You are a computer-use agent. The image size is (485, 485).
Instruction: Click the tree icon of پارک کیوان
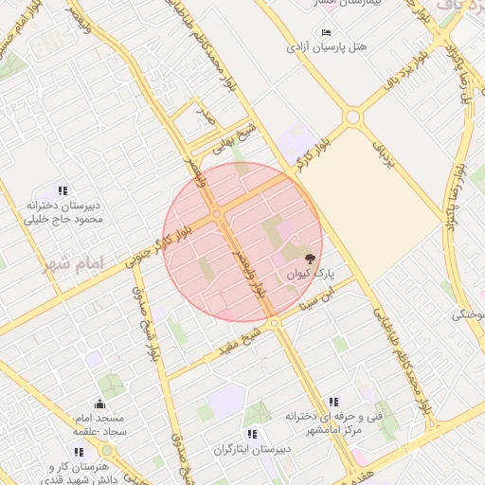tap(310, 259)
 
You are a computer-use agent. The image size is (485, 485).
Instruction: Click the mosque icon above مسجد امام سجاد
tap(99, 405)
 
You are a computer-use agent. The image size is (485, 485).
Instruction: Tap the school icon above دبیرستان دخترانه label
tap(63, 190)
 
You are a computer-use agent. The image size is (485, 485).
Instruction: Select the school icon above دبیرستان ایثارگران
tap(253, 432)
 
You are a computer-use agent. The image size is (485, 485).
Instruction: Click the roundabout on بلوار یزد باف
tap(352, 117)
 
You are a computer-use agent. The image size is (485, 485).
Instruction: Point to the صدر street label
tap(204, 116)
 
